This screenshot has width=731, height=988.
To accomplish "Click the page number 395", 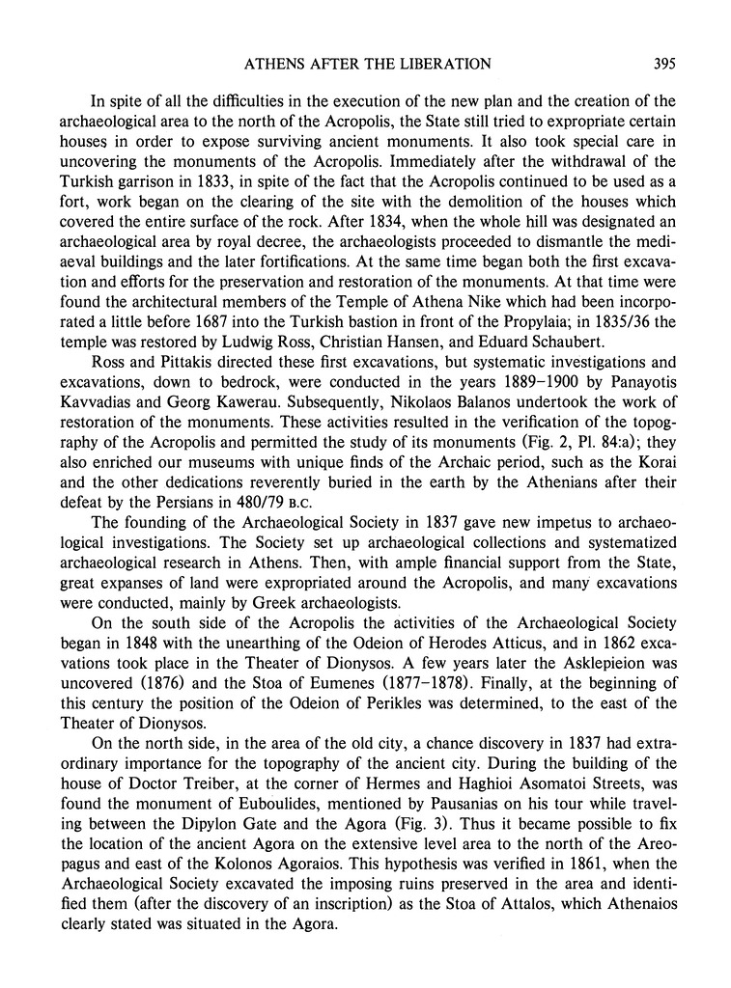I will tap(662, 65).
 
